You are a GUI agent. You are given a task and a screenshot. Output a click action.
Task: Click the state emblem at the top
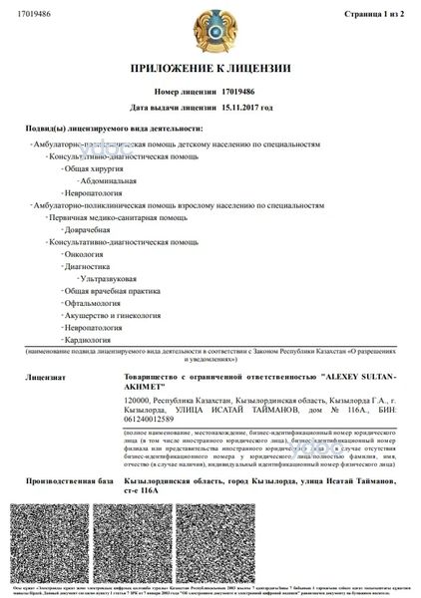tap(210, 30)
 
